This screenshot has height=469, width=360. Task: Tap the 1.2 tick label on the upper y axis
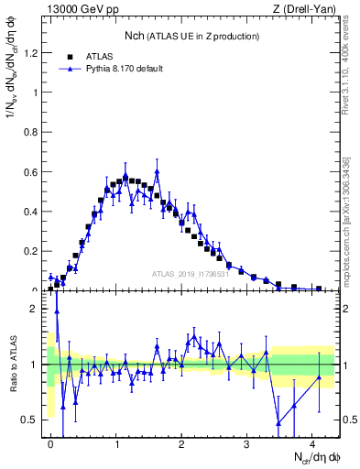click(32, 53)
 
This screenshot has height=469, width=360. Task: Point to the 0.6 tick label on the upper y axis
click(32, 171)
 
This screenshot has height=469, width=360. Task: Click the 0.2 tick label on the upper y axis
click(32, 250)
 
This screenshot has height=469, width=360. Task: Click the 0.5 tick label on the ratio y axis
click(32, 420)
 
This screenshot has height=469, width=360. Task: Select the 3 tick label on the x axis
click(247, 443)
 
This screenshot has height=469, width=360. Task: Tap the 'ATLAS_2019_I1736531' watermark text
click(191, 274)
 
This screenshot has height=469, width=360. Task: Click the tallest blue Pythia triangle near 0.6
click(158, 171)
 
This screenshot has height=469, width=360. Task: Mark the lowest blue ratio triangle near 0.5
click(278, 422)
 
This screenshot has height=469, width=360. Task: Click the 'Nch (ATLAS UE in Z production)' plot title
click(192, 35)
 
